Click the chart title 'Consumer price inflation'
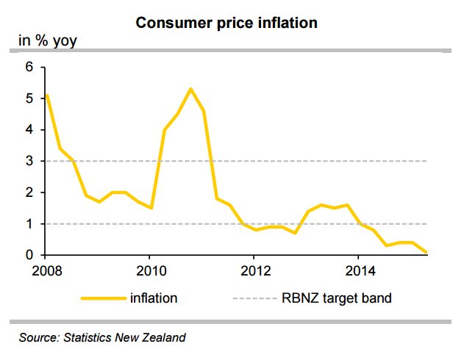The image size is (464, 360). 226,23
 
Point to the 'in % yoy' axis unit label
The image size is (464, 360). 47,40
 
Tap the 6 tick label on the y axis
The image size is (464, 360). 30,67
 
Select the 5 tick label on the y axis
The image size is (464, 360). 30,98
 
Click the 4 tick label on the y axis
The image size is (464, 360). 30,130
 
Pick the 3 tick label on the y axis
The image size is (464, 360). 30,161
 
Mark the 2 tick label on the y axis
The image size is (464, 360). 30,192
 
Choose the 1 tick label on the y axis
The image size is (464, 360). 30,224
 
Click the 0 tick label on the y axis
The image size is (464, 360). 30,255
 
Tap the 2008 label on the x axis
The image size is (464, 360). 45,270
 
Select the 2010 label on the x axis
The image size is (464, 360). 149,270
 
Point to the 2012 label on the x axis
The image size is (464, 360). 253,270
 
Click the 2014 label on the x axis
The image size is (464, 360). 357,270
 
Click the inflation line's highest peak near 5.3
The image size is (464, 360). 190,89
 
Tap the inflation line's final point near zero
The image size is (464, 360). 426,252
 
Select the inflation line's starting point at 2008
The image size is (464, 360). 46,96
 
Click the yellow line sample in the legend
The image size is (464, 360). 102,298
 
